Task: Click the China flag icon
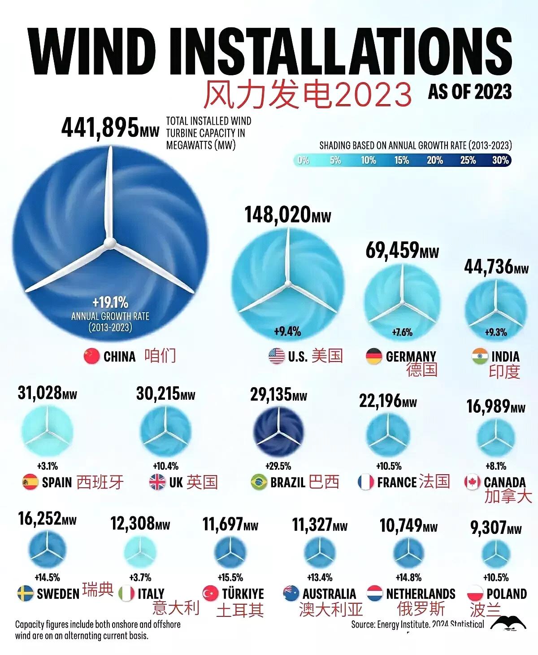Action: [91, 357]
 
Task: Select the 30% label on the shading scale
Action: [500, 160]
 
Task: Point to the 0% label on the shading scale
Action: [304, 160]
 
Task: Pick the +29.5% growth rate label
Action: [278, 466]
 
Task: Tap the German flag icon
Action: [374, 357]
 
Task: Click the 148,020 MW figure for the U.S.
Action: [287, 215]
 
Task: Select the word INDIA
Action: [505, 357]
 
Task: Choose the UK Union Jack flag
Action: [157, 482]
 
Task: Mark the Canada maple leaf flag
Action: [472, 482]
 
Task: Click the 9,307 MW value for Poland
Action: [496, 528]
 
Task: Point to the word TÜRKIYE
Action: [243, 594]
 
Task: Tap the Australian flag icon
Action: [291, 593]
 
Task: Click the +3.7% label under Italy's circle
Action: [140, 577]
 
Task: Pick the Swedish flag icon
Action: [26, 594]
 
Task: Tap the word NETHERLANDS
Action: [421, 594]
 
